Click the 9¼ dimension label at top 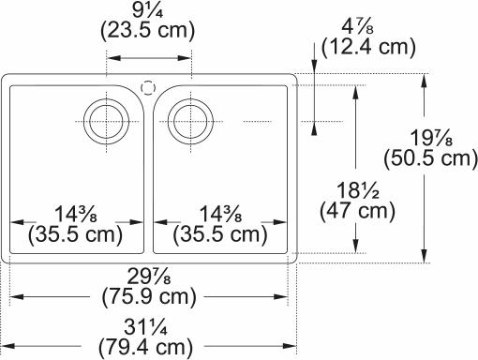click(x=147, y=12)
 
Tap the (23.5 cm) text click(x=147, y=31)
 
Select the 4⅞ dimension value click(x=357, y=27)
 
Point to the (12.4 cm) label click(x=368, y=47)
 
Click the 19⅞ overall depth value click(x=431, y=138)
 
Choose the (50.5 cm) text click(x=431, y=159)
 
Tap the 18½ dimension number click(x=358, y=190)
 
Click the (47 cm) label click(x=358, y=211)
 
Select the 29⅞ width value click(x=149, y=277)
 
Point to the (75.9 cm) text click(x=149, y=297)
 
